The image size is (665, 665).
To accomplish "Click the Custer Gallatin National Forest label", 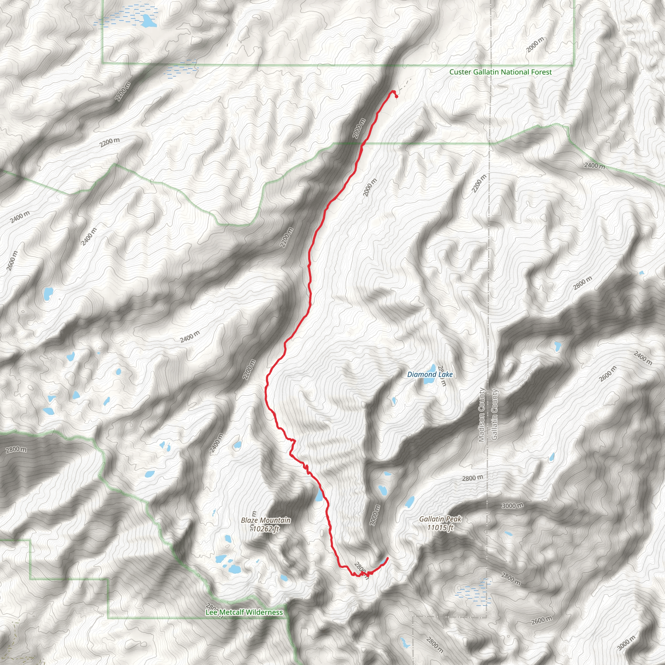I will (500, 72).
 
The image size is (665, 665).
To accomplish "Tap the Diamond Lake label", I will (430, 374).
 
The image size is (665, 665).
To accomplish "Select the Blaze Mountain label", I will (266, 520).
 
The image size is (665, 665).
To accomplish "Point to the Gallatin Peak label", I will (440, 519).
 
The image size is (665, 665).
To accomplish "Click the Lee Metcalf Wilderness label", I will (244, 612).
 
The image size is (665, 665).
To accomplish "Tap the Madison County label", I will (481, 415).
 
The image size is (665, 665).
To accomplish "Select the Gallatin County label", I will (495, 414).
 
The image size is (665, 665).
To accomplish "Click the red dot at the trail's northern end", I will (396, 97).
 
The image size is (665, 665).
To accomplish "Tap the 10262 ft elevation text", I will (265, 529).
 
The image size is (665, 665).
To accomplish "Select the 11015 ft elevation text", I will (441, 527).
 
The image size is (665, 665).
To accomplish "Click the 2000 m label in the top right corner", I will (535, 45).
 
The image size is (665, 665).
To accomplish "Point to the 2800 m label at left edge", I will (16, 450).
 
